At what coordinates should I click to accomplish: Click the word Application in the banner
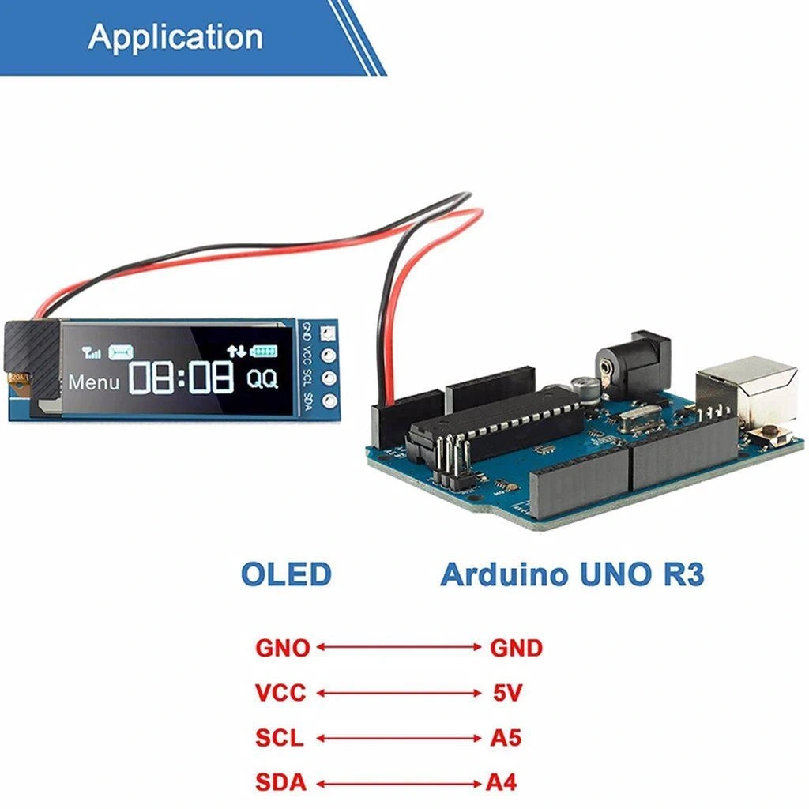[175, 37]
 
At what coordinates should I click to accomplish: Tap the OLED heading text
[285, 574]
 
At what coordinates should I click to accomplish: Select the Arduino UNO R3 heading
[572, 574]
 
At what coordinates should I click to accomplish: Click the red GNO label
[282, 649]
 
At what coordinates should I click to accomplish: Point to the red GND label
[517, 649]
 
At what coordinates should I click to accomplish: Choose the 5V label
[507, 694]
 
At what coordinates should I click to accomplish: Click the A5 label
[506, 739]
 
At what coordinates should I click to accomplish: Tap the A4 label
[501, 783]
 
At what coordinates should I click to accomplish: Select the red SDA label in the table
[280, 783]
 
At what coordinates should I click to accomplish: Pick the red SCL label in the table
[280, 739]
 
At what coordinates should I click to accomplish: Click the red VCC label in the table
[280, 694]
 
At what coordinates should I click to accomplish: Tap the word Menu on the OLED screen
[94, 382]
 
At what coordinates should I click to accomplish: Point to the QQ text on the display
[262, 379]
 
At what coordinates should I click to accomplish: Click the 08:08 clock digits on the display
[182, 378]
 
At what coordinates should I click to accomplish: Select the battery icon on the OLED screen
[265, 350]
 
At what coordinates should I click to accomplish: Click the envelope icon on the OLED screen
[121, 351]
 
